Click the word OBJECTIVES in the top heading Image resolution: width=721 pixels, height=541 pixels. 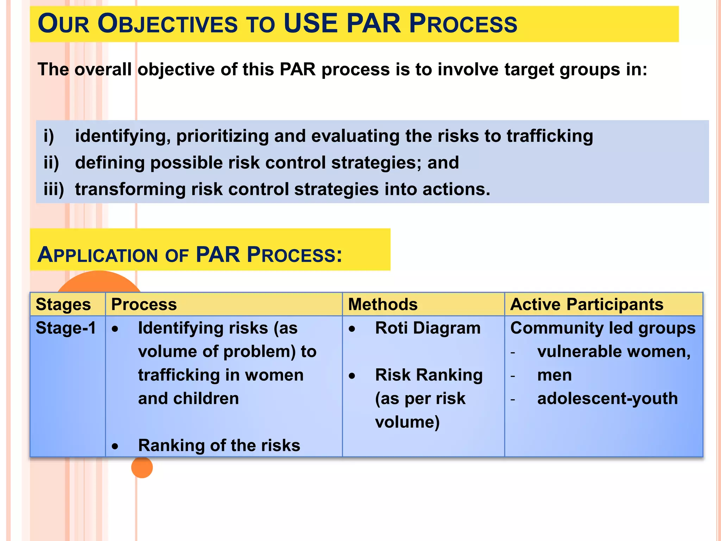pos(168,24)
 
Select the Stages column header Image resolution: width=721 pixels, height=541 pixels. pos(63,304)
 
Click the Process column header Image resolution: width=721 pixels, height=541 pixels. pos(144,304)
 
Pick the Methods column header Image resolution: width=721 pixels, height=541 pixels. pos(383,304)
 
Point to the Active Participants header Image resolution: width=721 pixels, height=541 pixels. pos(587,304)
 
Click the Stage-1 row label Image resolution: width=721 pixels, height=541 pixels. pos(66,328)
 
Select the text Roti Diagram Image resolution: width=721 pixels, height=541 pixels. pos(428,328)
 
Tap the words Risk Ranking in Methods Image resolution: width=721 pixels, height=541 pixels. pos(429,375)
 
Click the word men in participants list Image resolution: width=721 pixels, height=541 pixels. pos(554,375)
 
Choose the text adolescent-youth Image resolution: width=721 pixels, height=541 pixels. pos(607,398)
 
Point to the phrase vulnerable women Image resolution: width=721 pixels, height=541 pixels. pos(614,352)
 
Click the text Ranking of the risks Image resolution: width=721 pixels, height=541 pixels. pos(219,445)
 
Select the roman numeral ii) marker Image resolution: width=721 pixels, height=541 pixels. pos(51,163)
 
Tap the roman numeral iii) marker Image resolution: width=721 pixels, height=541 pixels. pos(54,189)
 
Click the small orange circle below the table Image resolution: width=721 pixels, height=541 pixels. pos(142,467)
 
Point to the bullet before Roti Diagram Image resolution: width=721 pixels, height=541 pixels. pos(352,329)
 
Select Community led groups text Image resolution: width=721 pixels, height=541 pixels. pos(603,328)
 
